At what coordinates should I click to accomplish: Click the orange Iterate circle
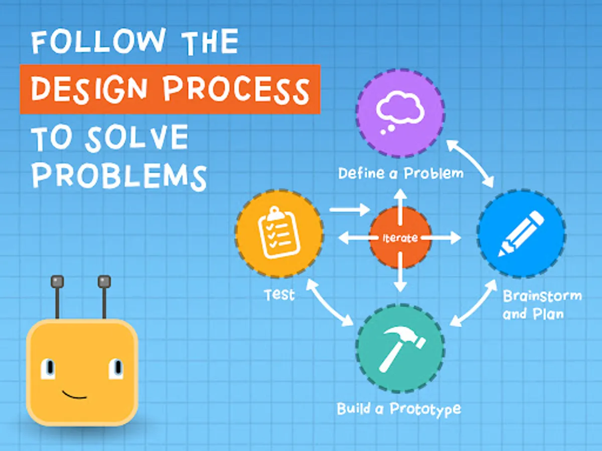(400, 238)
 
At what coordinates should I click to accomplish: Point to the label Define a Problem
(400, 174)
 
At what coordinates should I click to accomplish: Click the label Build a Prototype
(399, 408)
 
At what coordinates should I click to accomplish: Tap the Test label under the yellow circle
(279, 295)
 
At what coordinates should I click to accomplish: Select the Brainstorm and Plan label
(542, 305)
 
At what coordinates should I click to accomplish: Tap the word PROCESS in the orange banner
(236, 90)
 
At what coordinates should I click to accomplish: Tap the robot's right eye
(116, 368)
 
